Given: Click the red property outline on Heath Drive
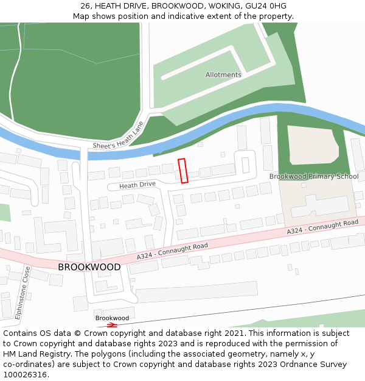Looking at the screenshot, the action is (x=183, y=171).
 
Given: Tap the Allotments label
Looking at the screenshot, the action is (x=223, y=75).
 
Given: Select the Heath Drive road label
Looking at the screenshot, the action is (x=137, y=185).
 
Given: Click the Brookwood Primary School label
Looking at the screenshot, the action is (x=314, y=177).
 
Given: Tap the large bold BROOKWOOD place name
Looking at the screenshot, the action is (x=89, y=267).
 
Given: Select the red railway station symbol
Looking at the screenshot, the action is (x=112, y=325).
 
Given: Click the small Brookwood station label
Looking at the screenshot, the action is (x=112, y=318).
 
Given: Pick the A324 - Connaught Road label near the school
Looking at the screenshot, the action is (x=322, y=227).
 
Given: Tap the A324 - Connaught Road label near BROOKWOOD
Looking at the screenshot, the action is (x=172, y=251).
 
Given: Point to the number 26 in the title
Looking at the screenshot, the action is (x=85, y=6).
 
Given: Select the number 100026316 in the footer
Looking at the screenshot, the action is (x=26, y=375).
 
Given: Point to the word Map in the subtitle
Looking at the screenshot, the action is (x=81, y=16).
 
